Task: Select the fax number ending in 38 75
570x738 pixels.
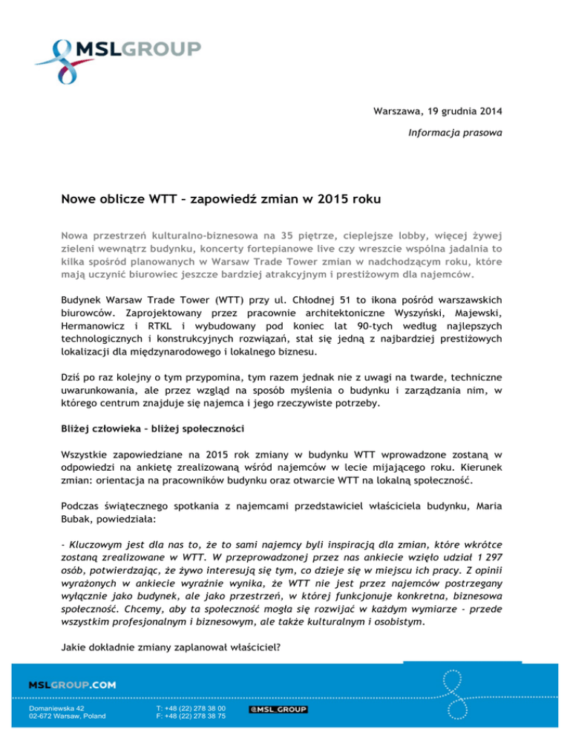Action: click(x=191, y=716)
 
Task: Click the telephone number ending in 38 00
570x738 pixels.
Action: click(x=191, y=709)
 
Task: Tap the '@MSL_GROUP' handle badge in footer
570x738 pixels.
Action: click(x=277, y=710)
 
